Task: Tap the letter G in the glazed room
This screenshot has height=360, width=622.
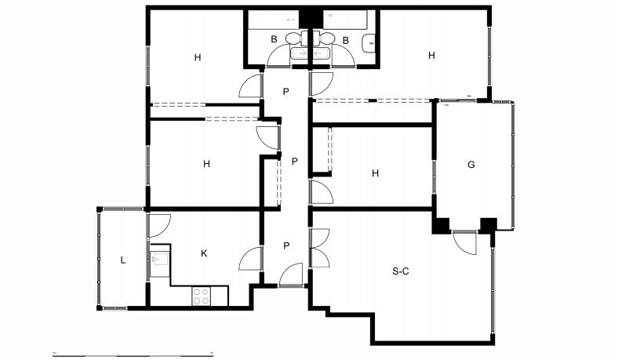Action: point(471,165)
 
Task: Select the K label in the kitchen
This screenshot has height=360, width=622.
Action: point(204,253)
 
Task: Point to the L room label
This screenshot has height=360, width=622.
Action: point(123,260)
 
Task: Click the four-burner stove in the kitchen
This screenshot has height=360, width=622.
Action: point(202,296)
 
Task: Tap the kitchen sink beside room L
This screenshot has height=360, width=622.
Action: point(160,260)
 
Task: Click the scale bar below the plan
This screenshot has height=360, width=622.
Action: point(133,354)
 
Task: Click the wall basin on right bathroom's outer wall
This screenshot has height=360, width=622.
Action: point(369,43)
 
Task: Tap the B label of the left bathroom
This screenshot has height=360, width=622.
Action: point(274,40)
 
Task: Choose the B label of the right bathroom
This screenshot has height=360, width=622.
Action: point(346,41)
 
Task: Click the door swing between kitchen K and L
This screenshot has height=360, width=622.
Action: point(159,226)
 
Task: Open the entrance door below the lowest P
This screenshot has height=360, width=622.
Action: point(291,275)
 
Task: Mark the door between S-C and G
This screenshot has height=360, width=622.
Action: point(465,242)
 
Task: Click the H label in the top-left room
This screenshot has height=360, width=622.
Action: point(198,57)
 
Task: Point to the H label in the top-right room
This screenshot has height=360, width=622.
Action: point(431,56)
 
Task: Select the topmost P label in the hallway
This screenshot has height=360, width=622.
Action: point(286,92)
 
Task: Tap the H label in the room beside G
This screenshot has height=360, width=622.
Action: point(375,173)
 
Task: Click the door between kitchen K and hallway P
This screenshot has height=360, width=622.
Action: point(251,259)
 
